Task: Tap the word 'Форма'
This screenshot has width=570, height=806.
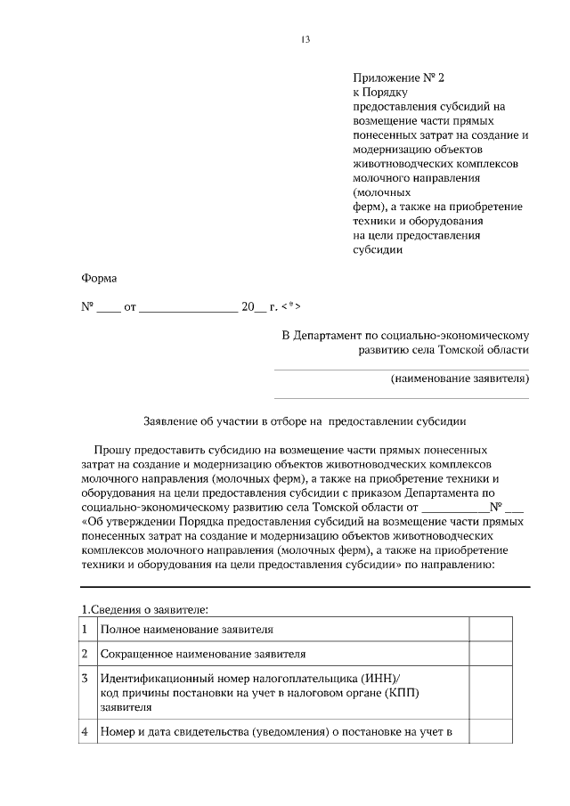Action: point(99,278)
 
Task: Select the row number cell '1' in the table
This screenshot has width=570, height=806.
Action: point(85,630)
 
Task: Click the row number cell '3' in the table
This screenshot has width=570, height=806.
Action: point(85,679)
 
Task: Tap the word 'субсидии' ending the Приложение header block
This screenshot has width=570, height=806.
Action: point(379,249)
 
